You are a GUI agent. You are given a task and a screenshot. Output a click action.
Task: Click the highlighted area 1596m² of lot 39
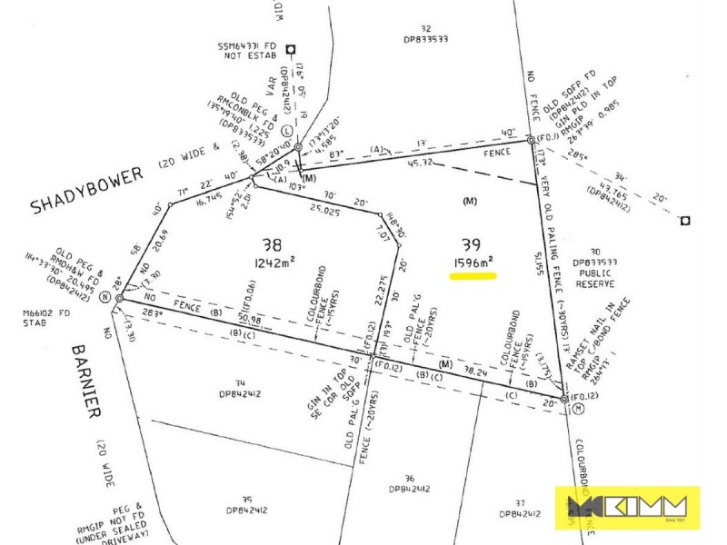click(x=472, y=265)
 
